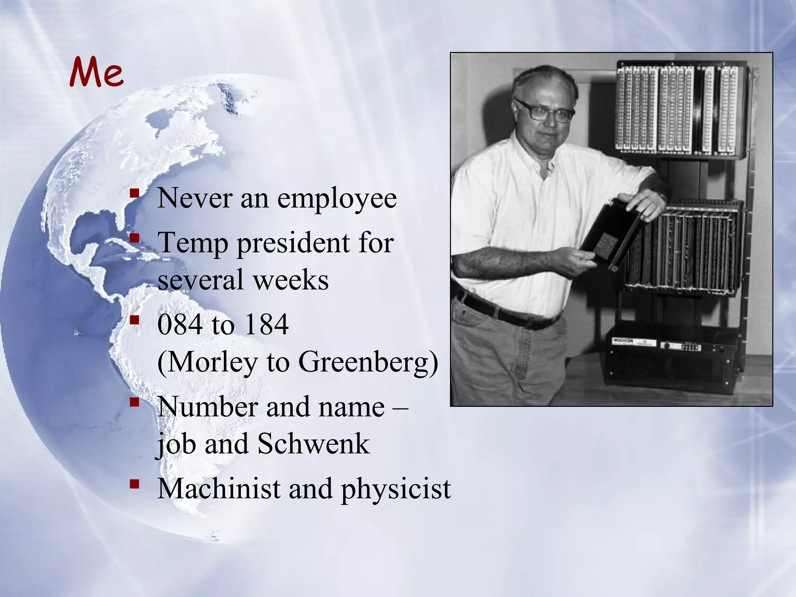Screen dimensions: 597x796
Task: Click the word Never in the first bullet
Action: pyautogui.click(x=194, y=199)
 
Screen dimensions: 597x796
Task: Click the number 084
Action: pyautogui.click(x=180, y=325)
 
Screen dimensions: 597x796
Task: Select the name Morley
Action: pyautogui.click(x=211, y=363)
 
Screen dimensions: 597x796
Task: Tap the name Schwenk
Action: pyautogui.click(x=313, y=443)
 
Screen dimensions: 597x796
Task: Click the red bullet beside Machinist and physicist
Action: pyautogui.click(x=134, y=484)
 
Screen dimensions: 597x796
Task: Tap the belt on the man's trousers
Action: pyautogui.click(x=505, y=311)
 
